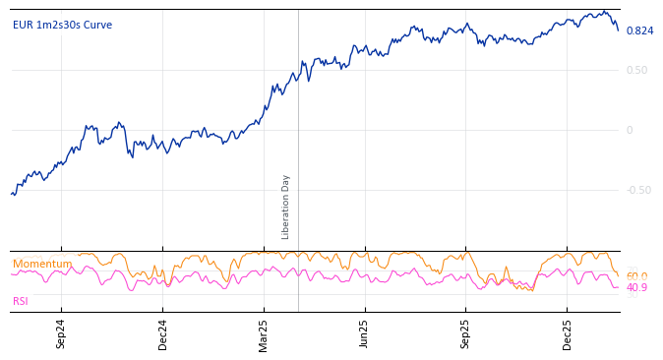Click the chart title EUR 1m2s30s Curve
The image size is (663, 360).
pos(62,26)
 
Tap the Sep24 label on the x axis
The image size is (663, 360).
pos(61,333)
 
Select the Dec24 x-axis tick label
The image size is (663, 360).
pos(163,333)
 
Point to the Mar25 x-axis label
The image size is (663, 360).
pos(264,333)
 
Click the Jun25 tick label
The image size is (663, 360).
pos(365,333)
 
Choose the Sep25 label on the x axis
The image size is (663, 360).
pos(465,333)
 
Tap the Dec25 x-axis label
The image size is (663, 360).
pos(568,333)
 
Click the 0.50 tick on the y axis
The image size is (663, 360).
pos(636,71)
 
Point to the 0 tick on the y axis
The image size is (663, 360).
pos(630,131)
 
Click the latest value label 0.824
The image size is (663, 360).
pos(639,31)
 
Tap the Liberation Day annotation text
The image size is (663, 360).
pos(286,207)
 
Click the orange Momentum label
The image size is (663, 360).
pos(42,265)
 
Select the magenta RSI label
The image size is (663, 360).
pos(21,302)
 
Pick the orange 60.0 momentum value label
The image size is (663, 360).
pos(636,276)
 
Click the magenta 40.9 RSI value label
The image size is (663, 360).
pos(636,288)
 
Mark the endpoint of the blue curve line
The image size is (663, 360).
pos(619,30)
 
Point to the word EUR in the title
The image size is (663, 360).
pos(22,26)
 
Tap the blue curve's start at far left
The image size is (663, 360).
pos(12,194)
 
